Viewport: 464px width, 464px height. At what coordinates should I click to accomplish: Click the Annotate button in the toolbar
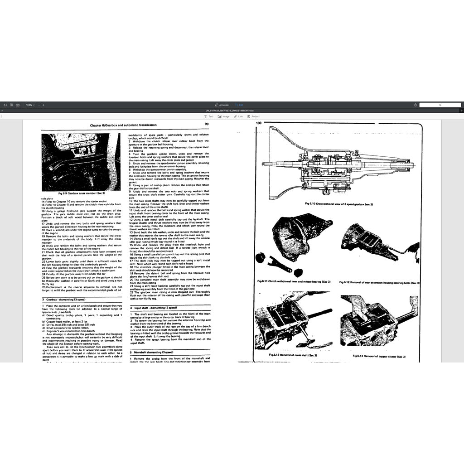(x=222, y=105)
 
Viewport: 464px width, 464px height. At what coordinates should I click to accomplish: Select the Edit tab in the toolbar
(x=239, y=105)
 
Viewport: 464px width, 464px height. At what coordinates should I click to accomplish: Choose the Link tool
(x=239, y=116)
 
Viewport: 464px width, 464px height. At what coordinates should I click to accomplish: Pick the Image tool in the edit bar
(x=224, y=116)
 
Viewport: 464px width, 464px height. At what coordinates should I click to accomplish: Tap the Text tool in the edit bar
(x=209, y=116)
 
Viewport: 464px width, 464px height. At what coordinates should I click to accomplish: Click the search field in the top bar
(x=440, y=105)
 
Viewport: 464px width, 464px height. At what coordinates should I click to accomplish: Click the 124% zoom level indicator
(x=30, y=105)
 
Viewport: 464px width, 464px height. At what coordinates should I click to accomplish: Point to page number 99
(x=206, y=124)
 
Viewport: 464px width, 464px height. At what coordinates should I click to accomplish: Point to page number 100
(x=259, y=123)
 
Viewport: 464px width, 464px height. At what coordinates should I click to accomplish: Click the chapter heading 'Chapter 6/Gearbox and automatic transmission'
(x=123, y=124)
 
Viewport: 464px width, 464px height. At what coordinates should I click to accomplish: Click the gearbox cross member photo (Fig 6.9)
(x=81, y=162)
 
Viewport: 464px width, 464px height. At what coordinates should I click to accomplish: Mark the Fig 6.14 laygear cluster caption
(x=379, y=356)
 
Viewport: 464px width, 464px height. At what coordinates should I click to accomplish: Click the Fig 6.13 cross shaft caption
(x=293, y=355)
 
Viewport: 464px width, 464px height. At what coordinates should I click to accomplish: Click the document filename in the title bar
(x=232, y=111)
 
